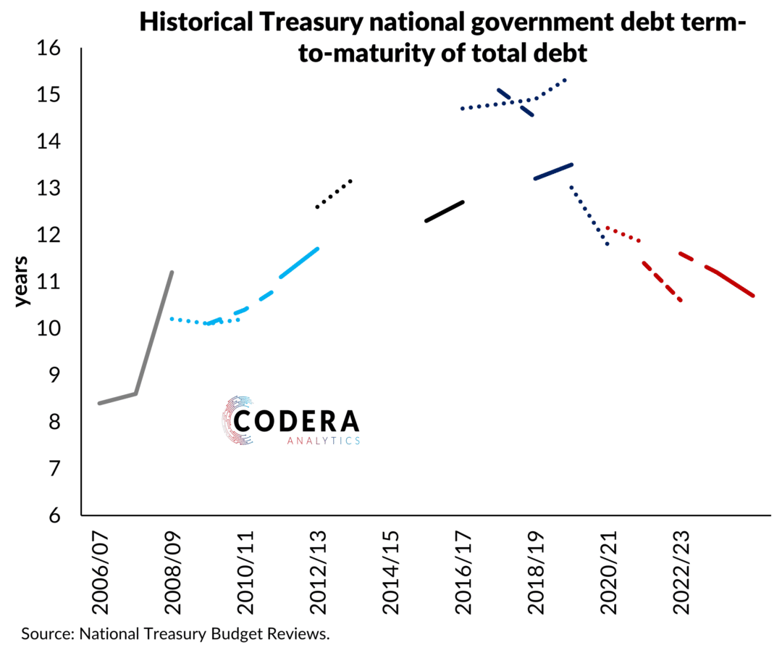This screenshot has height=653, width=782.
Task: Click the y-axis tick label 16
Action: coord(53,49)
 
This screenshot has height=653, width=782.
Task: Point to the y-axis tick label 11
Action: coord(53,283)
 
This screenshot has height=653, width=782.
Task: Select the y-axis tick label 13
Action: coord(53,189)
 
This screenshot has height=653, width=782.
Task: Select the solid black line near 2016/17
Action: coord(445,211)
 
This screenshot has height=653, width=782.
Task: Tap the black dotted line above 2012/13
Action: coord(334,194)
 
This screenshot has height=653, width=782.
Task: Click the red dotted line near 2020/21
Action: coord(623,233)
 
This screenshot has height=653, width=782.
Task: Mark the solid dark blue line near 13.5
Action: coord(553,171)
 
